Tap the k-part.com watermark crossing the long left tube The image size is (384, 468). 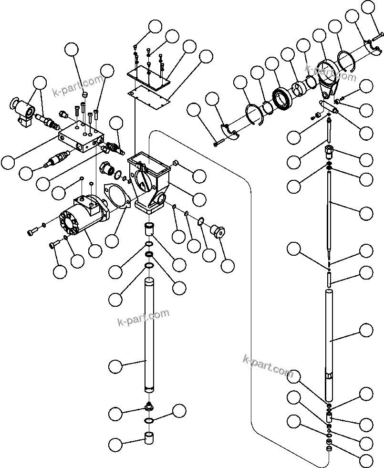point(143,317)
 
